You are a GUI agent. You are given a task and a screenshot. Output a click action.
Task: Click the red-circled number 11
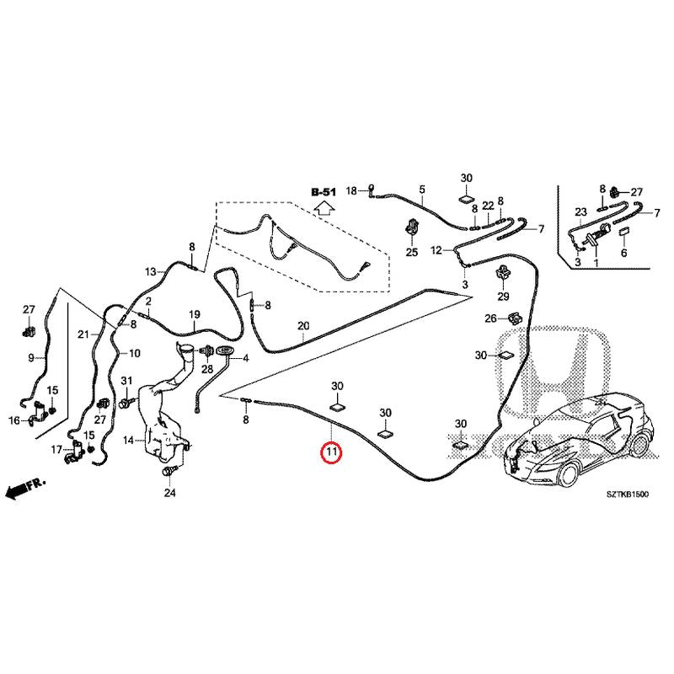(331, 454)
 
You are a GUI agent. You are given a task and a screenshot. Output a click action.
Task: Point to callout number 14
(128, 440)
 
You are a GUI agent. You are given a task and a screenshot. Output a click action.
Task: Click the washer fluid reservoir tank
(160, 421)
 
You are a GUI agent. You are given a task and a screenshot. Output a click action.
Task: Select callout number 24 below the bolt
(168, 493)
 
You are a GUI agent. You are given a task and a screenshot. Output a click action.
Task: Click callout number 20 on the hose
(303, 326)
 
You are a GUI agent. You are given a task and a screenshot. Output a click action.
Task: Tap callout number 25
(412, 252)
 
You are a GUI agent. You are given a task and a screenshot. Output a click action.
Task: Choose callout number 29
(503, 297)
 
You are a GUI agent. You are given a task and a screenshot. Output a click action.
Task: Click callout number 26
(490, 318)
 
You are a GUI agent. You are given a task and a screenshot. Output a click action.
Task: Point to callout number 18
(352, 190)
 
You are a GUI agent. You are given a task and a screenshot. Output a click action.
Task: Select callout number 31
(127, 382)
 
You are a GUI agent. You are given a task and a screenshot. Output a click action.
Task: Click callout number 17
(56, 450)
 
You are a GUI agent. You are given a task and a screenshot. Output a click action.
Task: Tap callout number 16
(14, 420)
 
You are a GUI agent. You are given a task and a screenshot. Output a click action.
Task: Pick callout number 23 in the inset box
(580, 211)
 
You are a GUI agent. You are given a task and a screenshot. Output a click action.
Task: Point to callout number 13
(150, 271)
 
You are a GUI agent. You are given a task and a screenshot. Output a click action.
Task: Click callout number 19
(193, 314)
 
